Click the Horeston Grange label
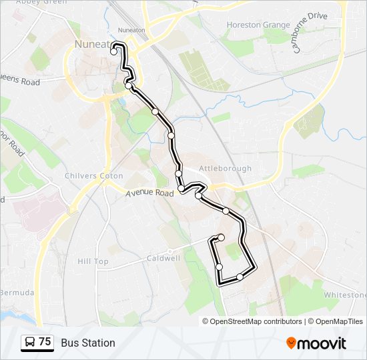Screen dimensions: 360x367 pyautogui.click(x=258, y=25)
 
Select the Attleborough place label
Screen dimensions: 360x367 pyautogui.click(x=226, y=169)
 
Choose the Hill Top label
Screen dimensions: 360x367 pyautogui.click(x=93, y=261)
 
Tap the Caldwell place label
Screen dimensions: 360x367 pyautogui.click(x=163, y=257)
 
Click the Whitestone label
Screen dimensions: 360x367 pyautogui.click(x=345, y=295)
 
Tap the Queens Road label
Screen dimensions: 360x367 pyautogui.click(x=20, y=82)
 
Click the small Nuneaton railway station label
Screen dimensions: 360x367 pyautogui.click(x=131, y=30)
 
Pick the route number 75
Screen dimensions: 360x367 pyautogui.click(x=45, y=342)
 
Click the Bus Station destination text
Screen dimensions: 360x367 pyautogui.click(x=88, y=343)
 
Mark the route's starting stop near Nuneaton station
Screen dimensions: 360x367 pyautogui.click(x=114, y=51)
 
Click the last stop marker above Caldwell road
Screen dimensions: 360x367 pyautogui.click(x=221, y=237)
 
